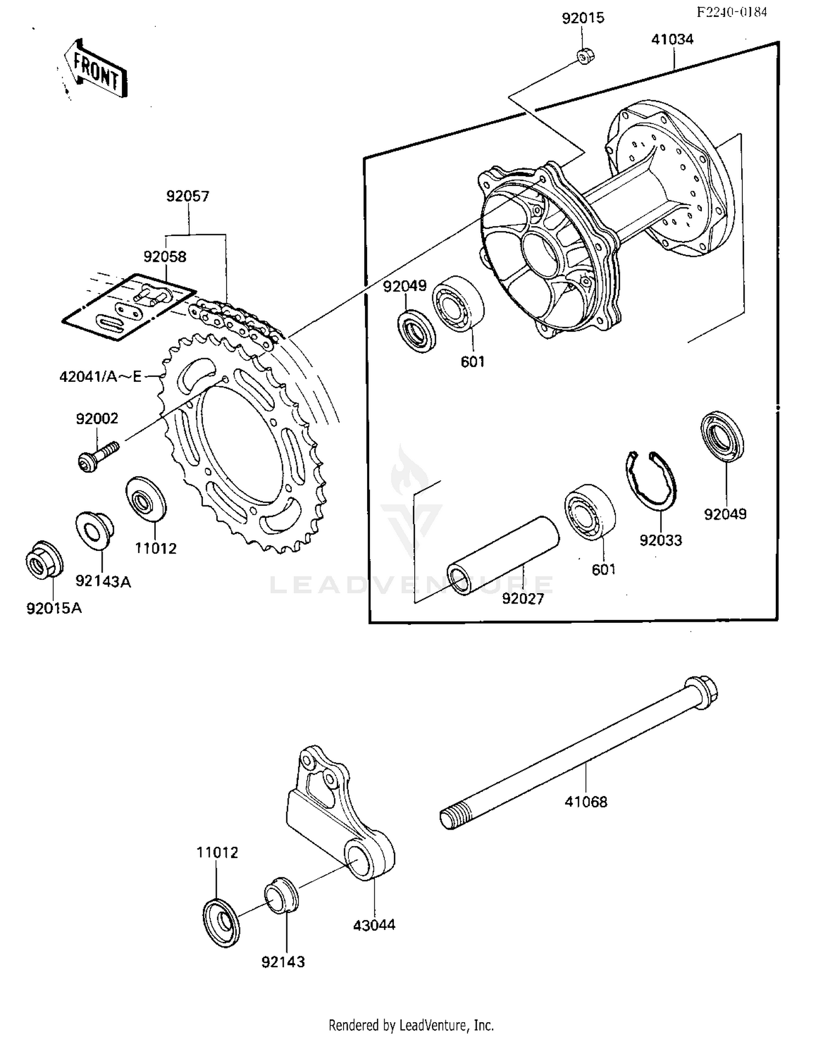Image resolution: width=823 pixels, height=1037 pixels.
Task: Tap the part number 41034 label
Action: [x=672, y=40]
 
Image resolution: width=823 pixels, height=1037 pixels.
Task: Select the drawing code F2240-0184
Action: [x=731, y=12]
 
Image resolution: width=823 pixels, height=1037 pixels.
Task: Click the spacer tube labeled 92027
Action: [x=503, y=555]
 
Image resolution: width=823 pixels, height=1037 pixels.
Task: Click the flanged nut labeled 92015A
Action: [x=44, y=560]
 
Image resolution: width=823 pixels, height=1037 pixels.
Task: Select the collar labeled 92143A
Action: [x=94, y=529]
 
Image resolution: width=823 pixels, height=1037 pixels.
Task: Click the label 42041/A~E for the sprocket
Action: [x=100, y=377]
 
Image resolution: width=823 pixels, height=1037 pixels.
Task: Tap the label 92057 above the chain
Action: [x=188, y=196]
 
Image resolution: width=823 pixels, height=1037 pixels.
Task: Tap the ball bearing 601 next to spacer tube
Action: [x=590, y=511]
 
